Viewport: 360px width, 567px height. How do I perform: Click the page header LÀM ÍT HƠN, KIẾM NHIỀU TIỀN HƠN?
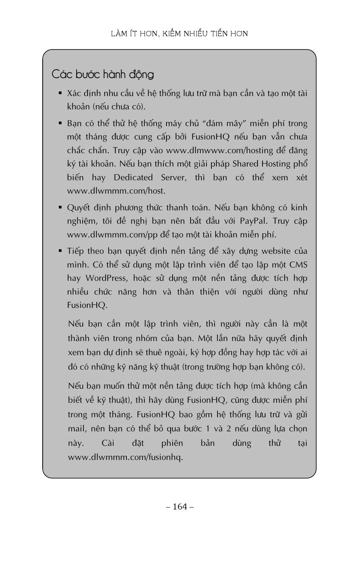(179, 34)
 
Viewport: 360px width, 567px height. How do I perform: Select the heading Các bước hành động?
(102, 74)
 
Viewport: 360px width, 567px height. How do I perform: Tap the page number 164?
(180, 506)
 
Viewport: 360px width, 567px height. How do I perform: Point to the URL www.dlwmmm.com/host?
(116, 191)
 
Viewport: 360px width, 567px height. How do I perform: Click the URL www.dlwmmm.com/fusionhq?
(125, 457)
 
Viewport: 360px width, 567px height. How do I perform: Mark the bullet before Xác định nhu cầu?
(60, 93)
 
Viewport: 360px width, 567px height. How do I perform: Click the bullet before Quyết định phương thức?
(60, 207)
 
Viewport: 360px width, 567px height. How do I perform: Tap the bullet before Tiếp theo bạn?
(60, 250)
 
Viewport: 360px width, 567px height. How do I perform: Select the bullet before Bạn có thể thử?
(60, 123)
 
